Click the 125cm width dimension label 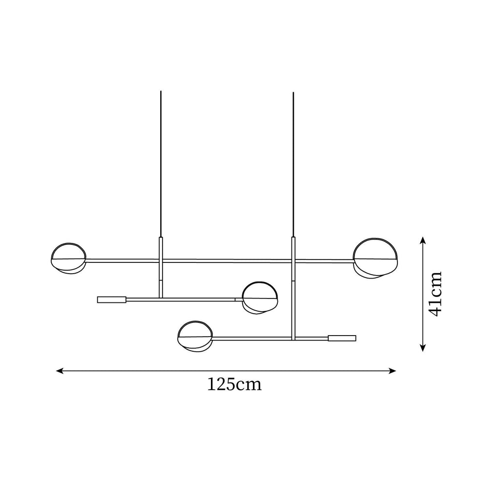point(234,384)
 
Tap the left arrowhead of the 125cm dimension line point(60,371)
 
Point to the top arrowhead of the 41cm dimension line point(423,240)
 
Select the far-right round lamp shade point(375,258)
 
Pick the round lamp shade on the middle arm point(260,297)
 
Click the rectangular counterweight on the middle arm point(112,299)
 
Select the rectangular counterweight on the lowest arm point(342,338)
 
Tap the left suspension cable point(161,161)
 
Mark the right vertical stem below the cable point(293,288)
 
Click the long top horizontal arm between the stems point(227,260)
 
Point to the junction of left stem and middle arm point(161,299)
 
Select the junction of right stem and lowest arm point(292,338)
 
